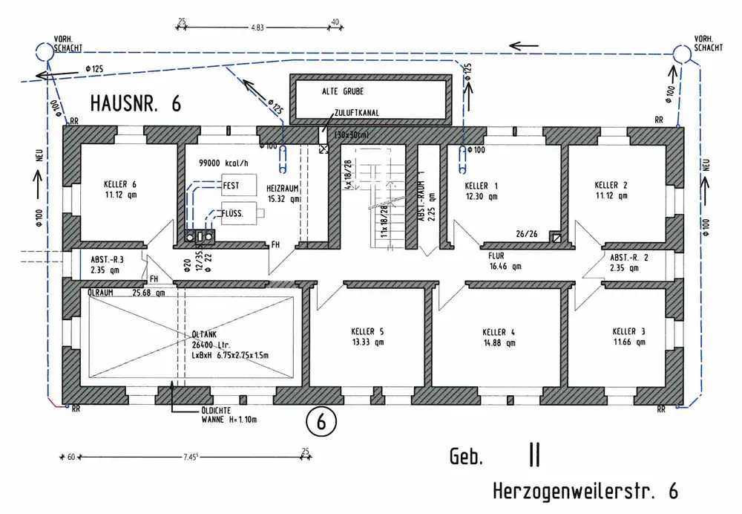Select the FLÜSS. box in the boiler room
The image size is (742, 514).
coord(236,214)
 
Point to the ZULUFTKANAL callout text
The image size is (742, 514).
coord(358,113)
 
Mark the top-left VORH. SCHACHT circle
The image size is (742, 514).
coord(43,51)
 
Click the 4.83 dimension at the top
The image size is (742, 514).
coord(255,27)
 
